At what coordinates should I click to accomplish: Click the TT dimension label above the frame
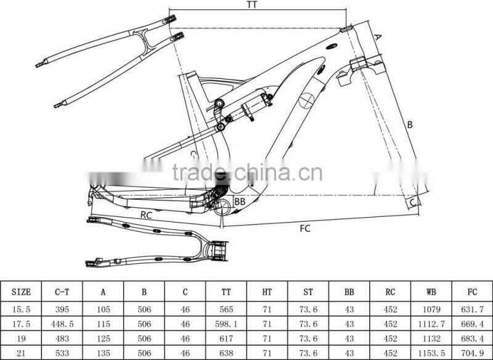251,5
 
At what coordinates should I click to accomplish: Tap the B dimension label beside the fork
409,125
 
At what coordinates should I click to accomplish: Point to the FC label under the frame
304,229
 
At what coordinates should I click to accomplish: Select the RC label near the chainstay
146,215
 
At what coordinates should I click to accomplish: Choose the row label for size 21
21,353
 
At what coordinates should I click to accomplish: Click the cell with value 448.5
62,323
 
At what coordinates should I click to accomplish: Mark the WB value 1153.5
431,353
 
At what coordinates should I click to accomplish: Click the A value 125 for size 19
103,338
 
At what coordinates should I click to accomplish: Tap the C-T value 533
62,353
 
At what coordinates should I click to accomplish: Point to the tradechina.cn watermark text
246,173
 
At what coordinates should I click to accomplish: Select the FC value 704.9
472,353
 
